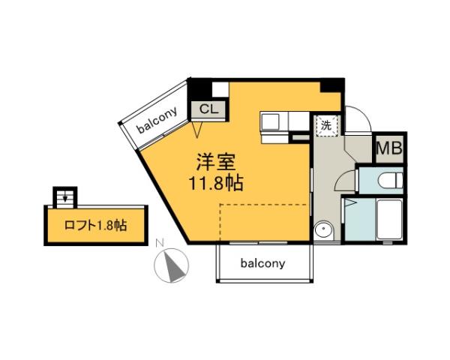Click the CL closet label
(x=209, y=109)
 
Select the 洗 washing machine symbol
(x=326, y=125)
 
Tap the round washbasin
(x=324, y=229)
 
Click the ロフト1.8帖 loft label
(x=94, y=225)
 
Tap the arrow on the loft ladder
(x=65, y=199)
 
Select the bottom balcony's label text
(x=262, y=263)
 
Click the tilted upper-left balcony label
(x=157, y=119)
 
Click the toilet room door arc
(x=346, y=181)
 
